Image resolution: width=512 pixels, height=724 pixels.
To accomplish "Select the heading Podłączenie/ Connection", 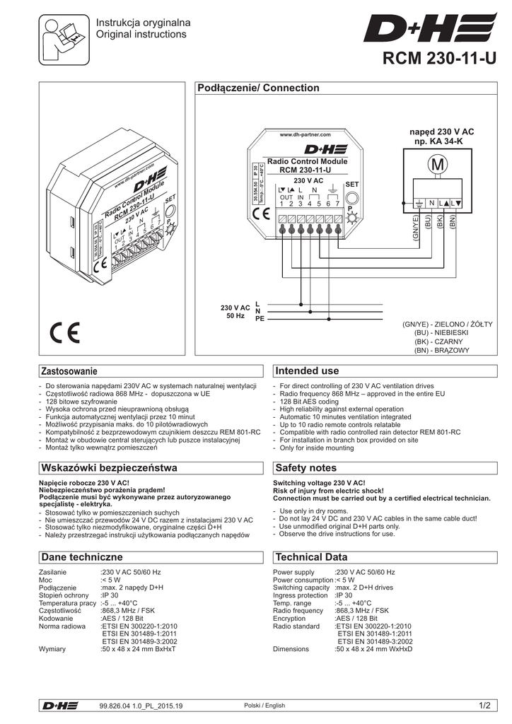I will [257, 88].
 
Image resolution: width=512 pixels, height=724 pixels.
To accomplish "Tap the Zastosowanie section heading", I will [69, 371].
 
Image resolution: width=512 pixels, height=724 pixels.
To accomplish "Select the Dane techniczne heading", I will [83, 557].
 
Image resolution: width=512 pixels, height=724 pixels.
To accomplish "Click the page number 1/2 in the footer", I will [484, 705].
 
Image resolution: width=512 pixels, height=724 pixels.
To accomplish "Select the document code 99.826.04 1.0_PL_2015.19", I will [141, 706].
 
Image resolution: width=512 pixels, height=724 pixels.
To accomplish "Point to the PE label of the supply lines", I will [260, 319].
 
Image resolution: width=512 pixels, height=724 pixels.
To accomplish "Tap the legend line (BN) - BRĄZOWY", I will [441, 350].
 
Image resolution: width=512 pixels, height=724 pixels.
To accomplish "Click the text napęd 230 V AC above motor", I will [442, 132].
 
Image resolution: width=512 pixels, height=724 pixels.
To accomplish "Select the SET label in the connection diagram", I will [352, 183].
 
